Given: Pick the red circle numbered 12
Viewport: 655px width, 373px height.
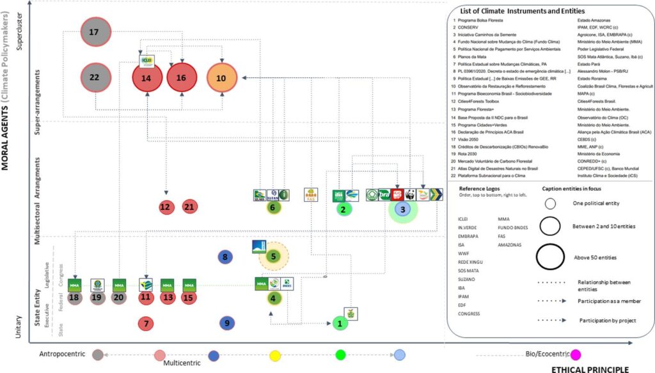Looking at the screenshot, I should coord(166,207).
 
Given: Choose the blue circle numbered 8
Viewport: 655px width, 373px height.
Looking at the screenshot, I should coord(225,257).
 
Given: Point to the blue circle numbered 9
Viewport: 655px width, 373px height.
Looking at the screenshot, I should coord(227,324).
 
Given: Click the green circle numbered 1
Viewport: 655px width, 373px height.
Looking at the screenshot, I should coord(340,324).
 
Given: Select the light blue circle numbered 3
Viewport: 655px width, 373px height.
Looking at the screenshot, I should coord(402,208).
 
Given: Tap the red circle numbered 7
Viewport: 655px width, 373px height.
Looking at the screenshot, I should coord(147,324).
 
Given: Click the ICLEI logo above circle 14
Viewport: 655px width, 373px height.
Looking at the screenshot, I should coord(146,62).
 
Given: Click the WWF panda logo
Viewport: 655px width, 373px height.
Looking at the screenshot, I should coord(410,195).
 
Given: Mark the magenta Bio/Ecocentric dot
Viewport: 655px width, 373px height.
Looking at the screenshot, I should coord(576,355).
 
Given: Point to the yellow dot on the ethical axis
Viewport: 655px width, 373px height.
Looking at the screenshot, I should coord(274,355).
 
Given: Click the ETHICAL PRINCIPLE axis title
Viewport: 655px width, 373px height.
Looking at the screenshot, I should coord(590,369).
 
